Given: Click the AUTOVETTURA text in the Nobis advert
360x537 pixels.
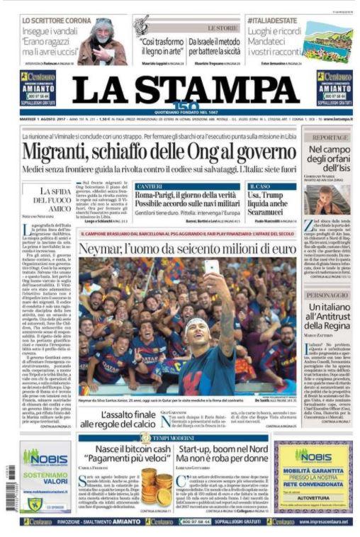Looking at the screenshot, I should coord(313,498).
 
